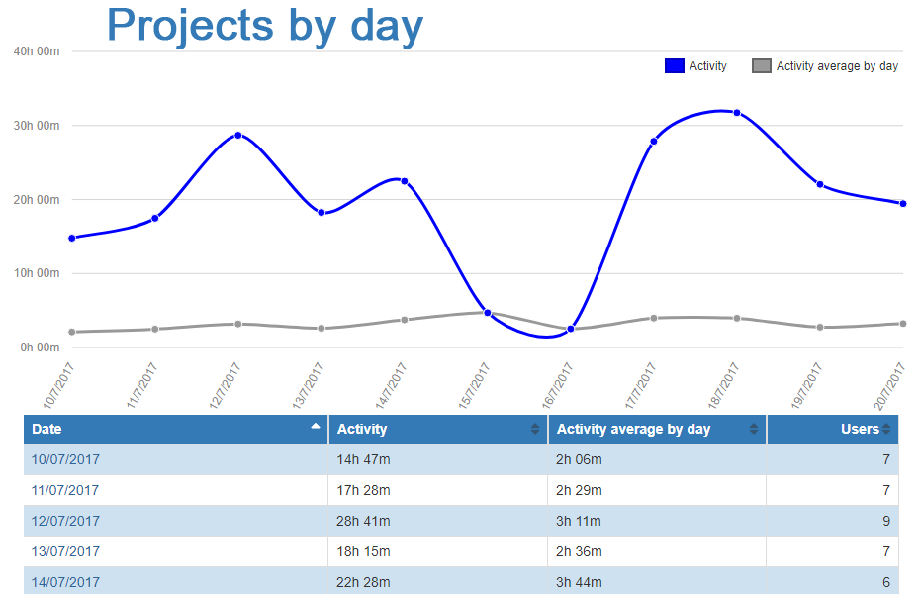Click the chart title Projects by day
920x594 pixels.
pyautogui.click(x=265, y=25)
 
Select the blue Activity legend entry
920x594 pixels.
pyautogui.click(x=696, y=66)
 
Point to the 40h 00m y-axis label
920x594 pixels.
pyautogui.click(x=37, y=51)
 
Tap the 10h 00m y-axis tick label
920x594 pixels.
pyautogui.click(x=37, y=273)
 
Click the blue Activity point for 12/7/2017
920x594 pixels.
pyautogui.click(x=238, y=135)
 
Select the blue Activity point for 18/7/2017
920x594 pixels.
pyautogui.click(x=737, y=113)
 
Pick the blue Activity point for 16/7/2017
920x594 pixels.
pyautogui.click(x=571, y=329)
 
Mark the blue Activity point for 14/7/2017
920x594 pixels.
pyautogui.click(x=405, y=181)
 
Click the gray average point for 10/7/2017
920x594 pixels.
pyautogui.click(x=72, y=332)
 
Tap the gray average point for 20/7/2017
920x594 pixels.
pyautogui.click(x=903, y=324)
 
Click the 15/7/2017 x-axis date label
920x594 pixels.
pyautogui.click(x=475, y=385)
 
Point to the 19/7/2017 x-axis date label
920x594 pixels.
pyautogui.click(x=807, y=385)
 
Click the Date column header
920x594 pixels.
pyautogui.click(x=46, y=429)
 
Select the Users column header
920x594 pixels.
pyautogui.click(x=859, y=429)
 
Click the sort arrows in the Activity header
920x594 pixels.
pyautogui.click(x=535, y=429)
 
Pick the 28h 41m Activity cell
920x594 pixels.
pyautogui.click(x=363, y=521)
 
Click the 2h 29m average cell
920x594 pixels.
pyautogui.click(x=579, y=490)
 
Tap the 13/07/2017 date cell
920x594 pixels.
pyautogui.click(x=65, y=551)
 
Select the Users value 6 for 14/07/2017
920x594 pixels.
pyautogui.click(x=886, y=582)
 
